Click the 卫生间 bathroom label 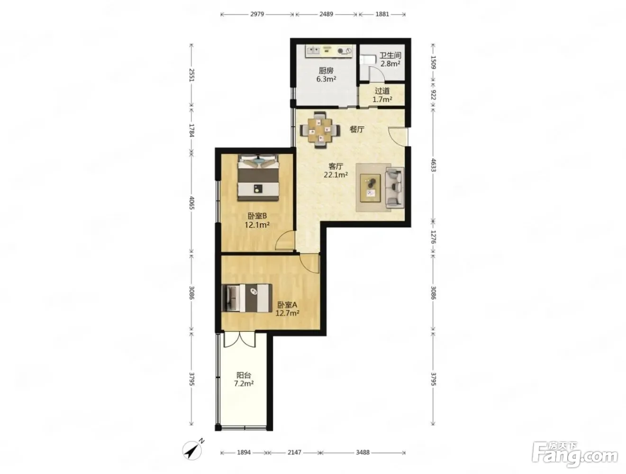click(390, 55)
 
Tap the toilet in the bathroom click(365, 60)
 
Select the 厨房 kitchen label click(326, 71)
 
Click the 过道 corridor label click(382, 91)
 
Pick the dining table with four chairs click(319, 130)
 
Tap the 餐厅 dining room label click(357, 129)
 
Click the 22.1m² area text click(336, 174)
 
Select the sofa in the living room click(395, 187)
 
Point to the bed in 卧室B click(258, 178)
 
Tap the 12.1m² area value click(257, 225)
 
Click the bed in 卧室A click(247, 298)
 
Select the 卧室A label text click(287, 305)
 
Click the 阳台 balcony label click(244, 375)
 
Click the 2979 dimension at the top click(257, 14)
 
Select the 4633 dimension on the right click(433, 165)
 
